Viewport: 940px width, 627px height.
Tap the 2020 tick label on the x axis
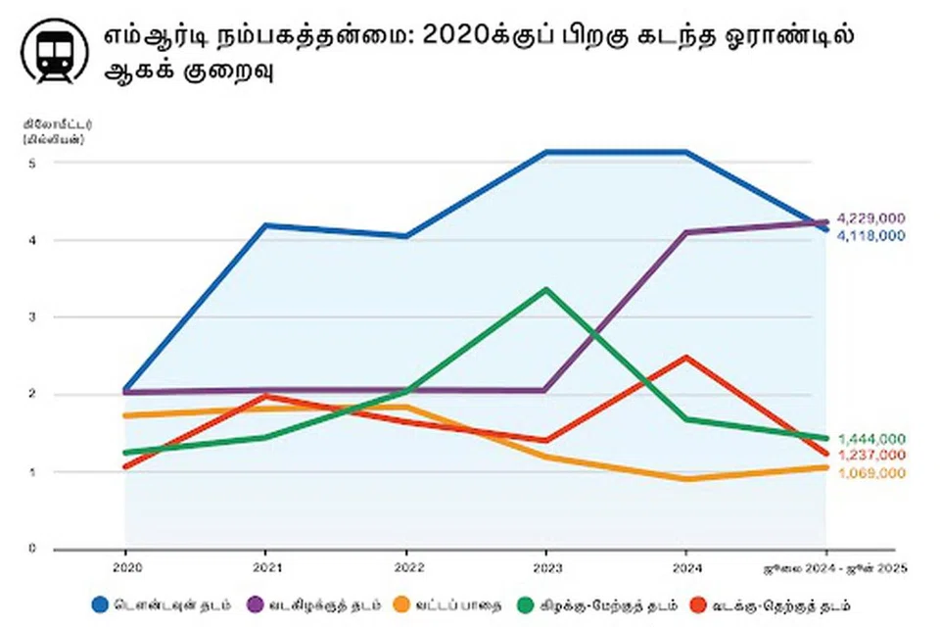125,567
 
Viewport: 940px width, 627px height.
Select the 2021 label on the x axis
265,567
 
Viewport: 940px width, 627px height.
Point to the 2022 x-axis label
406,567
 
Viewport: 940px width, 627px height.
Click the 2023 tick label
546,567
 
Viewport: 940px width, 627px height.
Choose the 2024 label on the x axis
686,567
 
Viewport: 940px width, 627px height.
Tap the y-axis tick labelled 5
31,163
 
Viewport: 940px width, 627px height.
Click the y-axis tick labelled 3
31,317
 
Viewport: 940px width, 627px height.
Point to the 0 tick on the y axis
31,549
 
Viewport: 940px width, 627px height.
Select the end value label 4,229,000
871,217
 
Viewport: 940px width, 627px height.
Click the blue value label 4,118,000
871,236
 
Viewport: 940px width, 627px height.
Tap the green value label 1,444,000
871,439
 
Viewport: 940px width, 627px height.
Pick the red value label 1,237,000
871,456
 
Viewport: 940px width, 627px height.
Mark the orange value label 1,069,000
871,473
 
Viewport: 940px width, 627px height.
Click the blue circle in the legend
100,603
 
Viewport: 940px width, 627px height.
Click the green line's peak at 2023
546,289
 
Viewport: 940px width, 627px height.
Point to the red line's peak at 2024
686,358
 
